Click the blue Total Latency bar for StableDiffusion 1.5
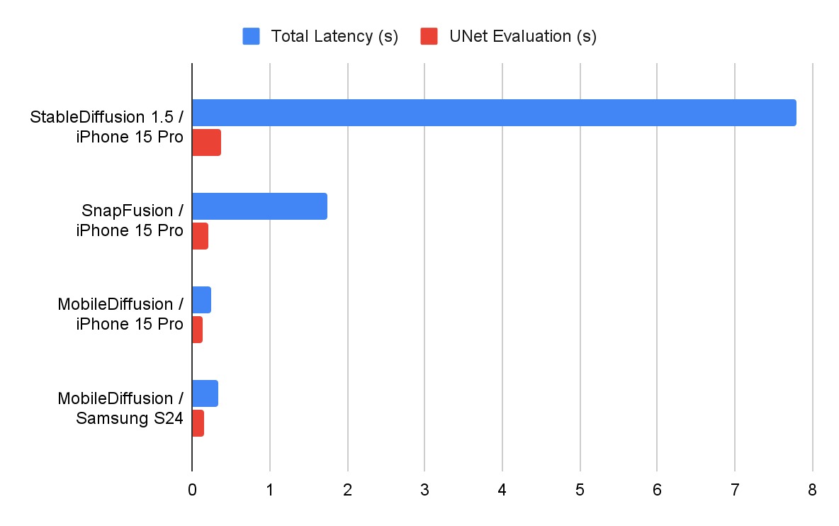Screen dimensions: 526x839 click(x=494, y=113)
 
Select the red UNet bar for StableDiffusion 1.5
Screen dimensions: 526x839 click(x=206, y=142)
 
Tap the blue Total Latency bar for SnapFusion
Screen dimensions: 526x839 click(x=259, y=206)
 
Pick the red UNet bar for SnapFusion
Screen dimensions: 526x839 click(x=200, y=236)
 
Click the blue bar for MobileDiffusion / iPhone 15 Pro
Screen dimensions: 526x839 click(x=201, y=300)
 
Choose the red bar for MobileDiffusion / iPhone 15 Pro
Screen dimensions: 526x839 click(x=197, y=330)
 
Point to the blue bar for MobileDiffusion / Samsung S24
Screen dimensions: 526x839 click(x=205, y=393)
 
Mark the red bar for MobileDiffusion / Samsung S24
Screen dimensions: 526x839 click(x=198, y=423)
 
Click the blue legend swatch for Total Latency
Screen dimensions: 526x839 click(x=252, y=36)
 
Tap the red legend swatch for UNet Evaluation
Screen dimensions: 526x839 click(x=429, y=36)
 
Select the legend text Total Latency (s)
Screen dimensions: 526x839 click(x=334, y=36)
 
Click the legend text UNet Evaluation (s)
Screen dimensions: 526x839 click(x=522, y=36)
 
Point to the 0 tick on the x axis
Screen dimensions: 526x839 click(x=192, y=490)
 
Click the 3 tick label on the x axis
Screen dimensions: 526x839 click(x=424, y=490)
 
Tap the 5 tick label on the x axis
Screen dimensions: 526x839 click(x=580, y=490)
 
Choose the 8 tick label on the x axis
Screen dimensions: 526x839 click(x=812, y=490)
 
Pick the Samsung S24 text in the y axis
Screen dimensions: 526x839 click(x=130, y=418)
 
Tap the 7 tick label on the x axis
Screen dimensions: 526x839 click(x=735, y=490)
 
